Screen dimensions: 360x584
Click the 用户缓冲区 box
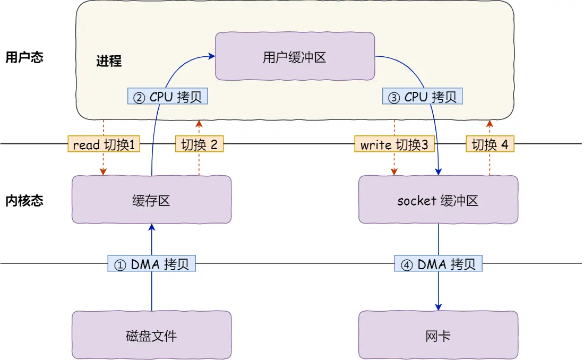[x=295, y=57]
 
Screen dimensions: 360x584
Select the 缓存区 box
[x=151, y=200]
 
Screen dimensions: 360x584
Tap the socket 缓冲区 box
[x=438, y=200]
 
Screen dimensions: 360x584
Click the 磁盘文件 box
[x=151, y=335]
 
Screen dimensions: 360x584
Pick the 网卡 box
[x=438, y=335]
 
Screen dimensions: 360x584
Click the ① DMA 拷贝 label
[x=152, y=264]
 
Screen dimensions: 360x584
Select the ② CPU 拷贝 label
[x=168, y=96]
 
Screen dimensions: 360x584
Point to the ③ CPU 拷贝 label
[x=422, y=96]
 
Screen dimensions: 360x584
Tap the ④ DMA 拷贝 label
[x=439, y=264]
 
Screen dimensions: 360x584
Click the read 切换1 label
[x=104, y=144]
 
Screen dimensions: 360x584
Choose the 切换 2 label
[x=199, y=144]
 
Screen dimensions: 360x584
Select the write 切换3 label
[x=394, y=144]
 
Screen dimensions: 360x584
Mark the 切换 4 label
[x=490, y=144]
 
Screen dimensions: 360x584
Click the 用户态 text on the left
[x=24, y=57]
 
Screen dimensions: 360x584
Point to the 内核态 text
[x=24, y=201]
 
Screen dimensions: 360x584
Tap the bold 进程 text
[x=109, y=61]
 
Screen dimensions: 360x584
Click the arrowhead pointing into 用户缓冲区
[x=212, y=54]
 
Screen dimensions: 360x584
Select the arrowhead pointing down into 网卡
[x=439, y=307]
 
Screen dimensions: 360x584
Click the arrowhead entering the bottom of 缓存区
[x=152, y=227]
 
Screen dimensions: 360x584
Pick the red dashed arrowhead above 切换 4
[x=490, y=124]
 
